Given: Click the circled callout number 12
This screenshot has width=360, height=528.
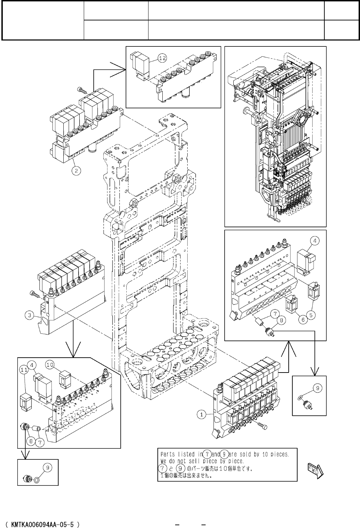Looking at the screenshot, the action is point(162,58).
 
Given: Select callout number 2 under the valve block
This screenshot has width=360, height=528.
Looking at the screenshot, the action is point(76,170).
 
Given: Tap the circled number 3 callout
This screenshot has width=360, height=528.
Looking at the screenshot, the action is point(29,315).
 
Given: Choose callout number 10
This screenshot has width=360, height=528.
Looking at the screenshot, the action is point(50,365).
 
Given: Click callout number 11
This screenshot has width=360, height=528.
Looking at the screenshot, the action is point(24,370).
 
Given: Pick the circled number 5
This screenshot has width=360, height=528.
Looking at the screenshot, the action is point(311,315).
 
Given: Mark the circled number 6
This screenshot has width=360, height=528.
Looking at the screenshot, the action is point(303,319).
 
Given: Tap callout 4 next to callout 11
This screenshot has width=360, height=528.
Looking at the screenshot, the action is point(32,365).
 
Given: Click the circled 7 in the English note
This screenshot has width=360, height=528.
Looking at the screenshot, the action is point(207,454).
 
